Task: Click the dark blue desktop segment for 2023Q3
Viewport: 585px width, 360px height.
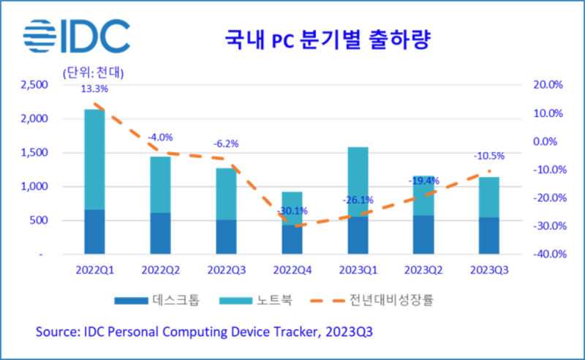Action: pyautogui.click(x=488, y=236)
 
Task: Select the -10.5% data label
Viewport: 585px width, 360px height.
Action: pyautogui.click(x=488, y=156)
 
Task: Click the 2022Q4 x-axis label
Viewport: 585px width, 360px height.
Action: pyautogui.click(x=292, y=269)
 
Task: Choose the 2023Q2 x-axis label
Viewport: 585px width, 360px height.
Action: pyautogui.click(x=423, y=269)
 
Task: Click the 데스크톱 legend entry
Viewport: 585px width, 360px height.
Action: pyautogui.click(x=156, y=300)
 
